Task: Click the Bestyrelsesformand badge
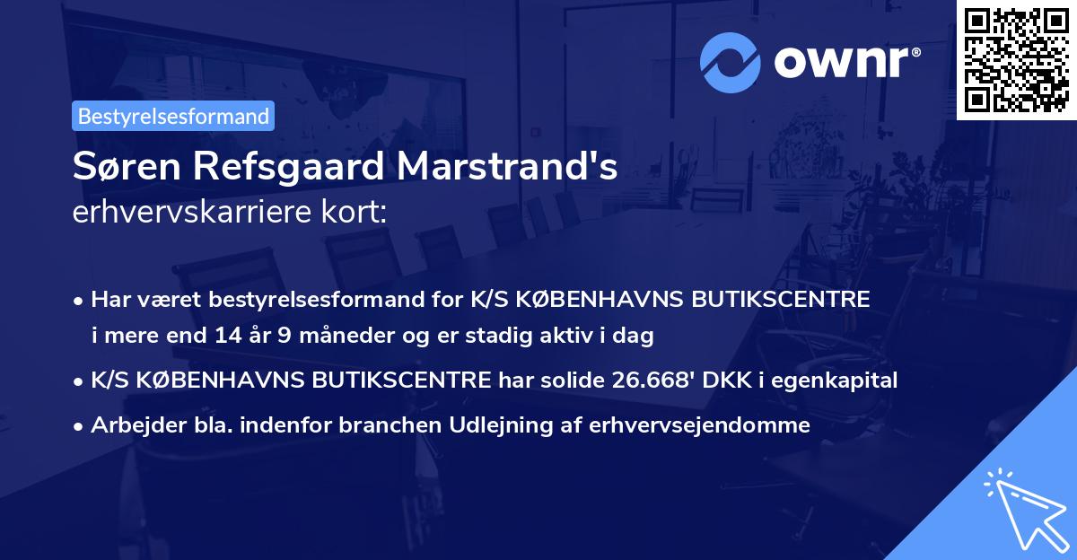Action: click(x=173, y=116)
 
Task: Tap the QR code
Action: click(x=1016, y=59)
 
